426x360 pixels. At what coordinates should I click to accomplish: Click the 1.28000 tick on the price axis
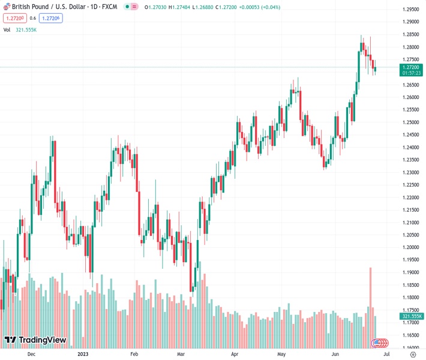coord(411,47)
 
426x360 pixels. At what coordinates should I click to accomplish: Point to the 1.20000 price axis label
coord(411,247)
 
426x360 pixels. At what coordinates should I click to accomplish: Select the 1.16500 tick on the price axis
coord(411,335)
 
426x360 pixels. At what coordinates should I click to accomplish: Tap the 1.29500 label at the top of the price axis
coord(411,10)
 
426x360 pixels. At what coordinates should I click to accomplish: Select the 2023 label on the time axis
coord(83,354)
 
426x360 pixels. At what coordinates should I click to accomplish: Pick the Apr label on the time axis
coord(235,354)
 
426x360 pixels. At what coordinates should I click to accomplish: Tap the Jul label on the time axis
coord(377,354)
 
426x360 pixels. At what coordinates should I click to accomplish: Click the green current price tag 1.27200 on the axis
coord(412,67)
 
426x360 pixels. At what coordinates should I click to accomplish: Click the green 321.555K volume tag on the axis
coord(412,316)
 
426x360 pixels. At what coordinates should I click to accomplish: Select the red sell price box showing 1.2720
coord(14,18)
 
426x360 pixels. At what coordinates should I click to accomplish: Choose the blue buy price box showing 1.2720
coord(50,18)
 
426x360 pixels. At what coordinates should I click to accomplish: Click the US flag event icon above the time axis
coord(377,343)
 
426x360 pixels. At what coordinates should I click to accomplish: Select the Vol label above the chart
coord(7,29)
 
